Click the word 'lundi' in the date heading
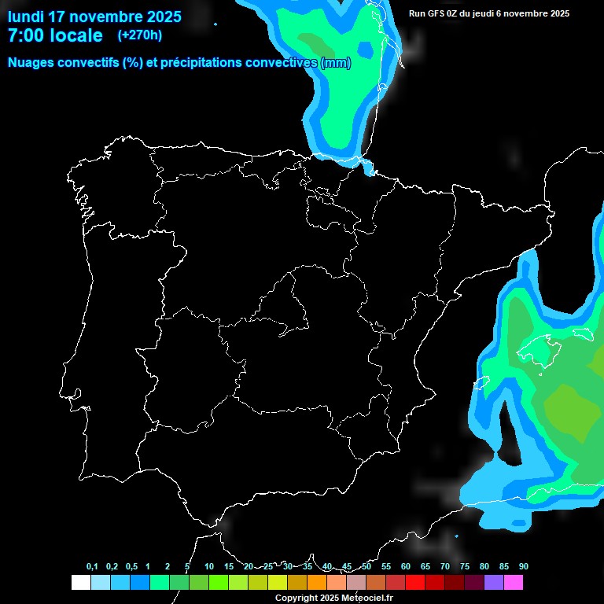tap(27, 17)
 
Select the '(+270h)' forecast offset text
tap(139, 35)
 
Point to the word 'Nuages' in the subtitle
tap(31, 63)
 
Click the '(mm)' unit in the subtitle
tap(336, 63)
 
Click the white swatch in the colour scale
tap(80, 582)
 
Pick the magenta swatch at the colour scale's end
tap(514, 582)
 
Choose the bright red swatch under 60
tap(415, 582)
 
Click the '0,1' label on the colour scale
tap(92, 566)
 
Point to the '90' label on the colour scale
tap(524, 566)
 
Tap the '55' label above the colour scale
tap(386, 566)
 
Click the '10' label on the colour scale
tap(209, 566)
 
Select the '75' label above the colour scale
tap(465, 566)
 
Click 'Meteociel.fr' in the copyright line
tap(367, 598)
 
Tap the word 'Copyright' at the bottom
tap(296, 598)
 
